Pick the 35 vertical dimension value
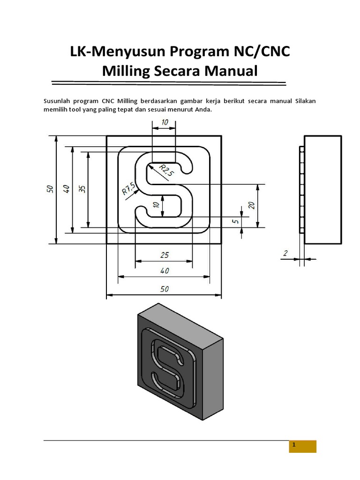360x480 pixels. click(x=82, y=189)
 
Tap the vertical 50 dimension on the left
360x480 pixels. click(x=50, y=189)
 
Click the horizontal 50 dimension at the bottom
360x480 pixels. click(x=164, y=289)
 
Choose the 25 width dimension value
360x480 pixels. click(x=164, y=255)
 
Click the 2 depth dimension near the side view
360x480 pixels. click(x=285, y=253)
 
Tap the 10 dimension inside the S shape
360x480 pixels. click(x=156, y=206)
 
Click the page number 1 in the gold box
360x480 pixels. click(x=293, y=446)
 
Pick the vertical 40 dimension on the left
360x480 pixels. click(x=66, y=189)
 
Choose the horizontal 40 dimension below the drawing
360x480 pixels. click(x=164, y=270)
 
